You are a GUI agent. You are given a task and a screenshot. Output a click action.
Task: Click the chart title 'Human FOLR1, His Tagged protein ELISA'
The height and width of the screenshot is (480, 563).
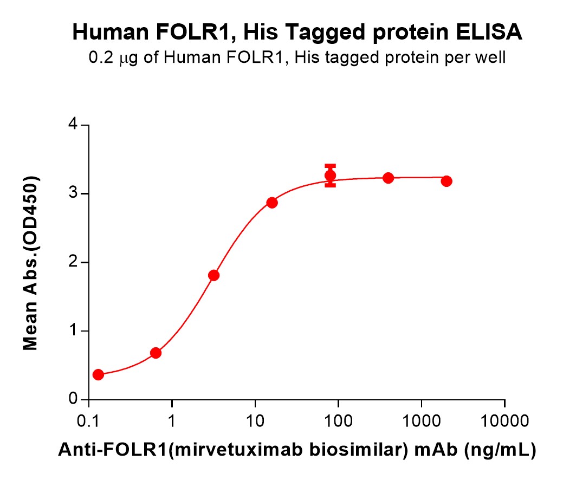297,34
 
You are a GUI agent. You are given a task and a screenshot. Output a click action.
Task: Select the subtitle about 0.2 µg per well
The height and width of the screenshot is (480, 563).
297,58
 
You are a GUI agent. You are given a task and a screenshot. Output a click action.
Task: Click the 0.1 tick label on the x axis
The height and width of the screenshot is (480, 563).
88,421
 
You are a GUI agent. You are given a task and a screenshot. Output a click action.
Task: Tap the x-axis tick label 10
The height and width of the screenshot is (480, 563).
255,421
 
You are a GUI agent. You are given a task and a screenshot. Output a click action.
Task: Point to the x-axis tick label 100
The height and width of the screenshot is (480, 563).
338,421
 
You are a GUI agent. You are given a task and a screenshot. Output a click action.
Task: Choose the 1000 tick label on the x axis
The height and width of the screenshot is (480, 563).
421,421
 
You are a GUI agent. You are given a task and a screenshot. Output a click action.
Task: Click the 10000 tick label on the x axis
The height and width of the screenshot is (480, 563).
504,421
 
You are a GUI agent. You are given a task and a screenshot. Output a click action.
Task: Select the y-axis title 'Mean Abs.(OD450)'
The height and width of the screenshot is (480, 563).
31,263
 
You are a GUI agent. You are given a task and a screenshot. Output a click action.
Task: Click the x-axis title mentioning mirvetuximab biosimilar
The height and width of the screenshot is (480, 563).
297,449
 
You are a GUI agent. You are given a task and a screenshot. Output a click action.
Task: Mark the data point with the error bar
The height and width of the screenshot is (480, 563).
330,176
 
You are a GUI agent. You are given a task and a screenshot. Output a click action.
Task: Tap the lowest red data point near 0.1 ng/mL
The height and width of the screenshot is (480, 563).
98,375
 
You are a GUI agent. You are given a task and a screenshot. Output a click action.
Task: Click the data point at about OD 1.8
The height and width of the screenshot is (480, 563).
213,275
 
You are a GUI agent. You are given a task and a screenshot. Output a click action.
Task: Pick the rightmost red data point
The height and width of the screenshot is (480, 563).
446,181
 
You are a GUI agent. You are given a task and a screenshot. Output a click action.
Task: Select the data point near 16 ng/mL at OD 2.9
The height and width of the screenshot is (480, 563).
272,203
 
